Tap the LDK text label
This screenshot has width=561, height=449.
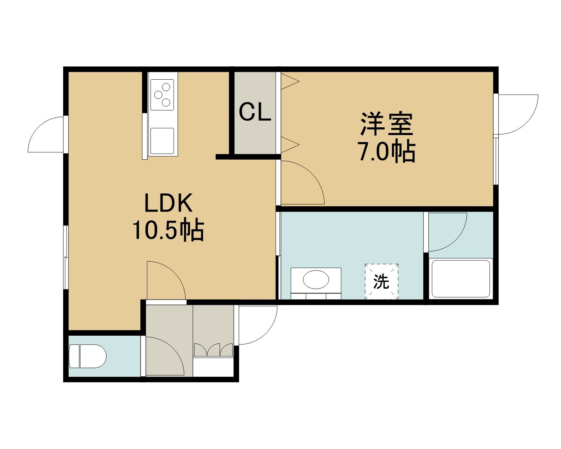pyautogui.click(x=168, y=202)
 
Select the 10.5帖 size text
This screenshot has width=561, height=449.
pyautogui.click(x=168, y=230)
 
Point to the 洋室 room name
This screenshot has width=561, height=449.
pyautogui.click(x=387, y=124)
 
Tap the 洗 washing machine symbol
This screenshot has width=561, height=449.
pyautogui.click(x=381, y=282)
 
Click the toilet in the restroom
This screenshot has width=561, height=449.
pyautogui.click(x=88, y=356)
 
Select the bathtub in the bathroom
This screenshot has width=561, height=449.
pyautogui.click(x=461, y=279)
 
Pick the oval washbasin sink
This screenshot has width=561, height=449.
pyautogui.click(x=316, y=280)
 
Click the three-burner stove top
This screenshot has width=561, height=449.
pyautogui.click(x=162, y=95)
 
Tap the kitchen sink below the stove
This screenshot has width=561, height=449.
pyautogui.click(x=162, y=141)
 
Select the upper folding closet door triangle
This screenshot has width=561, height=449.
pyautogui.click(x=290, y=81)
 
